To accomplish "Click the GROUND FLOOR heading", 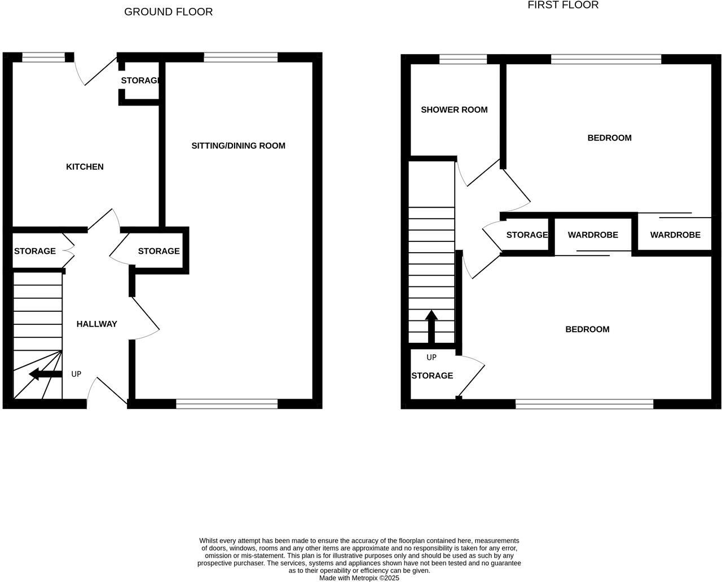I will pos(168,12).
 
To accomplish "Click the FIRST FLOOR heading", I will pos(562,5).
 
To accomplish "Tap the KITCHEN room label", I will pos(85,167).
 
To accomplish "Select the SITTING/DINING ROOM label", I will pos(238,146).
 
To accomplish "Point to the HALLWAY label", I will pos(96,324).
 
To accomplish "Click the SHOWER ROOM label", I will pos(454,110).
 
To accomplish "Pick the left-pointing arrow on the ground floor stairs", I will pos(45,374).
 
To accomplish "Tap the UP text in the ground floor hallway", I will pos(76,374).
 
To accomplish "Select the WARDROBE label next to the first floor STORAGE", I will pos(593,235).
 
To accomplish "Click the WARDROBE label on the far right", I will pos(675,235).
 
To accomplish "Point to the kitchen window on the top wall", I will pos(43,56).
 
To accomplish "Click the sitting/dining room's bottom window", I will pos(227,403).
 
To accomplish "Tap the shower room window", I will pos(463,59).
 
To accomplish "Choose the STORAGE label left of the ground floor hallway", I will pos(35,251).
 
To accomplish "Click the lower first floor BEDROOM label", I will pos(587,329).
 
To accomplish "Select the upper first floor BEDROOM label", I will pos(609,138).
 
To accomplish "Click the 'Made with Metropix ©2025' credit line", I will pos(359,578).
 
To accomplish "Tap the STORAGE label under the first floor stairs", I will pos(432,376).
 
